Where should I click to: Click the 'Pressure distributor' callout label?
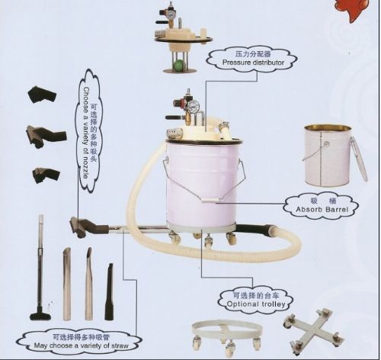coord(252,59)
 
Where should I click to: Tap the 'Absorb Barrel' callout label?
coord(321,205)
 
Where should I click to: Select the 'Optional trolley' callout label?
coord(256,300)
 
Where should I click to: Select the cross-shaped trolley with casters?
coord(313,331)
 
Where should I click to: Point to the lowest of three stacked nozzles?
coord(46,175)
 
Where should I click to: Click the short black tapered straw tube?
coord(109,291)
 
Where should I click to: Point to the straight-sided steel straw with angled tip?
coord(67,284)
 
